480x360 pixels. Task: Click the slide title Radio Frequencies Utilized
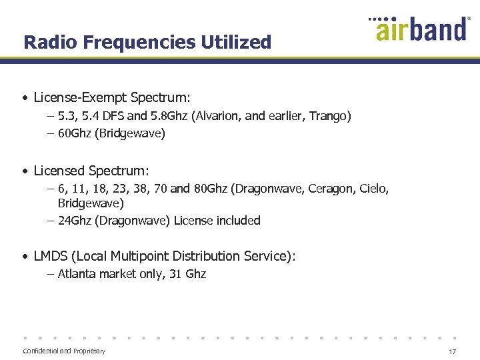[147, 43]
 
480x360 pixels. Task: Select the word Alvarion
[217, 116]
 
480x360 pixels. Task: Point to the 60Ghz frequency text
[75, 133]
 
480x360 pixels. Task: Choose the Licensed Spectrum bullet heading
[91, 171]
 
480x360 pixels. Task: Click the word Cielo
[373, 189]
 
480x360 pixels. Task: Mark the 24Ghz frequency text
[75, 221]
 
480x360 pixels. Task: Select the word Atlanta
[77, 274]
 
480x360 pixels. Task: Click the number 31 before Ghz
[175, 274]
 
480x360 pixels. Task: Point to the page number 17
[452, 351]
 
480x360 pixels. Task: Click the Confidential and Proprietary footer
[64, 351]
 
